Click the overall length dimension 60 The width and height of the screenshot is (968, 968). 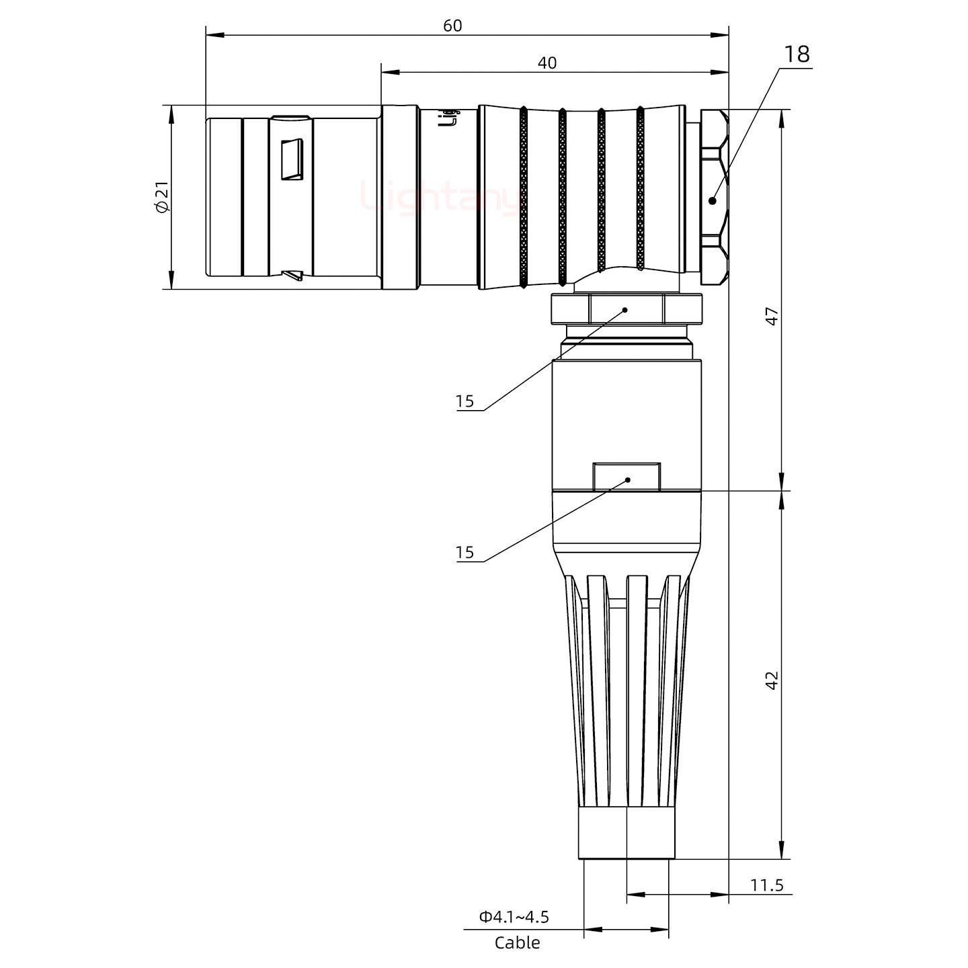[452, 25]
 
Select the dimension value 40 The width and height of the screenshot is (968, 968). [547, 63]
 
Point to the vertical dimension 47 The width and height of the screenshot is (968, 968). [772, 316]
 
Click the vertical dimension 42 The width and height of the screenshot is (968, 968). [772, 680]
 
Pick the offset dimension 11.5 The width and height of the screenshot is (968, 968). [766, 885]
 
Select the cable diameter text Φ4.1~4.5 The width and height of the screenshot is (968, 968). [514, 916]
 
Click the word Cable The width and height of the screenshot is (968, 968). [517, 942]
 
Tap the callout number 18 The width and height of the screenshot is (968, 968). [797, 54]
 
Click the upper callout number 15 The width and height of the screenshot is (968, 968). [465, 401]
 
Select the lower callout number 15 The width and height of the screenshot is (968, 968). [465, 553]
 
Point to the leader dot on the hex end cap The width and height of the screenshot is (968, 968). [713, 200]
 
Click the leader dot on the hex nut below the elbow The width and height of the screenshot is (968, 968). [625, 310]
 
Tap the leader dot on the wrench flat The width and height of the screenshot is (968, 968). [628, 479]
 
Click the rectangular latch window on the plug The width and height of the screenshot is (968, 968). [292, 160]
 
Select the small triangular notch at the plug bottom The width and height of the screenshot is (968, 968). [293, 275]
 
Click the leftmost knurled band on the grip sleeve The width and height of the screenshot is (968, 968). [523, 197]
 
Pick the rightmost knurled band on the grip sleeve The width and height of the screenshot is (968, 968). [640, 188]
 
